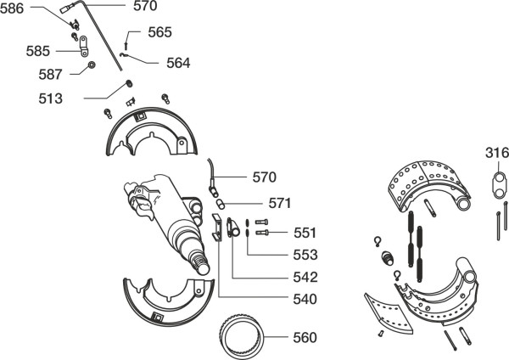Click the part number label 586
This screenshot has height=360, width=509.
tap(12, 8)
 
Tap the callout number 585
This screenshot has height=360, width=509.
tap(38, 51)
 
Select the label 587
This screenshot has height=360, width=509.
tap(50, 75)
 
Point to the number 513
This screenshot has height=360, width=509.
tap(50, 98)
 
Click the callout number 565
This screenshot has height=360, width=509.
tap(160, 32)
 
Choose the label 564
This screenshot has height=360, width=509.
tap(178, 63)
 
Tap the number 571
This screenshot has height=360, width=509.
tap(280, 203)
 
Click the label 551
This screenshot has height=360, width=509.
tap(305, 233)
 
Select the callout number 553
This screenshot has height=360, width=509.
tap(305, 255)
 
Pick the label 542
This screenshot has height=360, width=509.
tap(305, 277)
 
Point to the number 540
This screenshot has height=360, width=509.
tap(305, 299)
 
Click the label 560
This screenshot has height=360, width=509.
tap(305, 338)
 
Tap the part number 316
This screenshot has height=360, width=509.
tap(497, 153)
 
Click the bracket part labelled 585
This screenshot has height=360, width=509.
tap(84, 46)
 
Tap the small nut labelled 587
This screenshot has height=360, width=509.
tap(92, 65)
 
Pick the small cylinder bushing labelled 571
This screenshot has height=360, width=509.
tap(221, 205)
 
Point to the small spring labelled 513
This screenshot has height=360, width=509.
tap(129, 83)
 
